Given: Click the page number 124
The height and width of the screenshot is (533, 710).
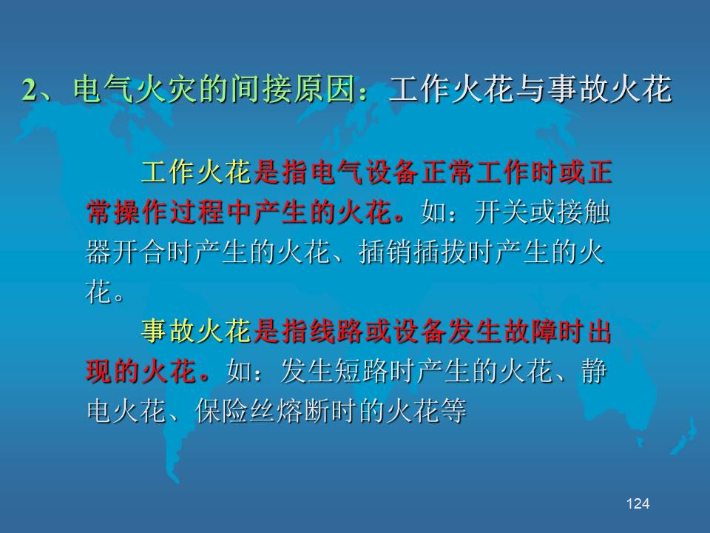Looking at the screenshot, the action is click(x=638, y=503).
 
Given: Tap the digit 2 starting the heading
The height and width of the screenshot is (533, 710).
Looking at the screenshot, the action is click(x=29, y=90).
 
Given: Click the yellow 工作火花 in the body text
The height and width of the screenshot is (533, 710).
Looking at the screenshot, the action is click(x=196, y=172).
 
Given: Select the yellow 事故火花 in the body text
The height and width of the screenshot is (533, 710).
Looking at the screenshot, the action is click(x=196, y=331).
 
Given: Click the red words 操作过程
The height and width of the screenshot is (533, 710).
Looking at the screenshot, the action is click(x=169, y=212).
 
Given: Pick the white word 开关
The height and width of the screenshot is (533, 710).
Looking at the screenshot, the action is click(x=501, y=212).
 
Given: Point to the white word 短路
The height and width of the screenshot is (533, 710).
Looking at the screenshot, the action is click(x=361, y=372).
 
